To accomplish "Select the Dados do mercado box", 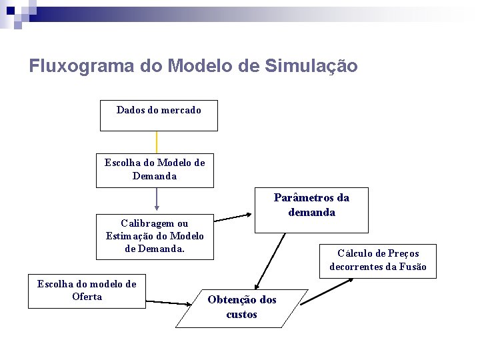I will (x=159, y=115).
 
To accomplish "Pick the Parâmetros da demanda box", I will (x=311, y=210).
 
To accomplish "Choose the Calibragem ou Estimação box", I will (x=155, y=237).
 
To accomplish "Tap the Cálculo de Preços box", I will (x=378, y=261).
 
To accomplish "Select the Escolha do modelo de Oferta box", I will (x=87, y=291).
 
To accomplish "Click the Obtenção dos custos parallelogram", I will (x=242, y=308).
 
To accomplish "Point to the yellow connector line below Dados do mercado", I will (x=157, y=142).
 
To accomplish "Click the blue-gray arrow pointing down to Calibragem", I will (x=157, y=199).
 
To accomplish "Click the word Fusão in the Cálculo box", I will (x=413, y=267).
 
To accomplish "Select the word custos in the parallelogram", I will (x=241, y=315).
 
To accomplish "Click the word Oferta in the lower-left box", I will (x=87, y=297).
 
